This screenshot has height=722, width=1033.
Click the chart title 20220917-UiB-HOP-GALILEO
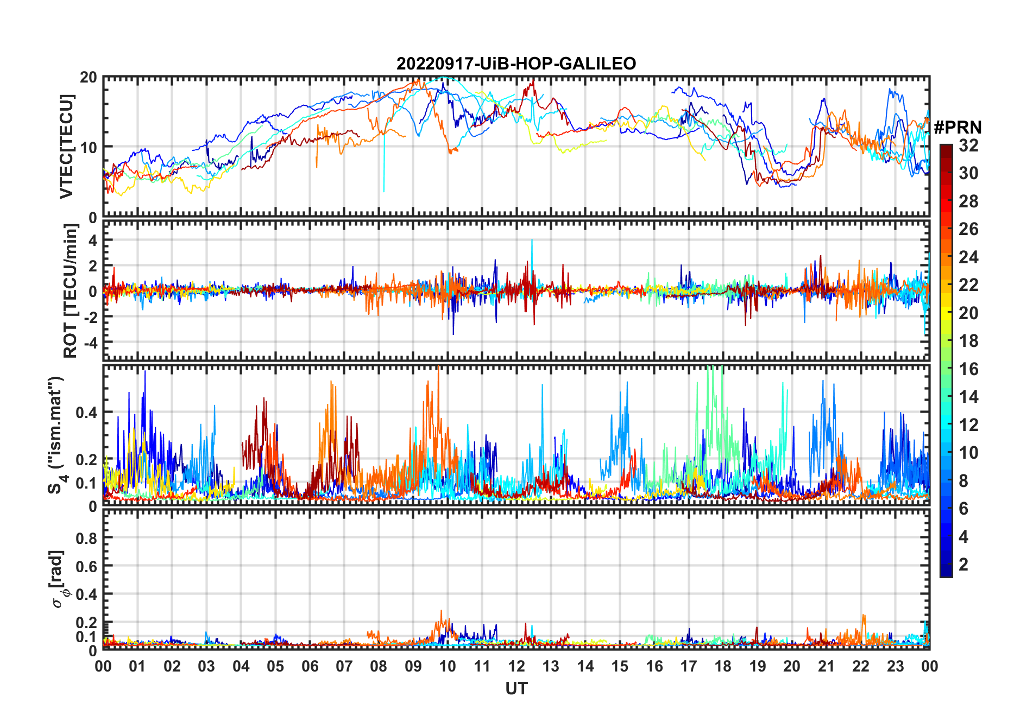pos(516,64)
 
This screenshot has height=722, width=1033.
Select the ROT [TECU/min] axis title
pos(70,291)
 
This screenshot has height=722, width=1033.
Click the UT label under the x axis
pos(516,689)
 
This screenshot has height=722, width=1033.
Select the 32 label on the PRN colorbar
pos(968,145)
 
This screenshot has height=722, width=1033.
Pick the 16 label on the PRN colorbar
pos(968,369)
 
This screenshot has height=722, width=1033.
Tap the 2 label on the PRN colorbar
pos(963,565)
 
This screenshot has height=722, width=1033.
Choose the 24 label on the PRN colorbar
pos(968,257)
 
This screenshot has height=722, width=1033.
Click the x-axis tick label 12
pos(516,667)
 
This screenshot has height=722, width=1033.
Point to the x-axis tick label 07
pos(344,667)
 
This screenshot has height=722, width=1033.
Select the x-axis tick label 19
pos(758,667)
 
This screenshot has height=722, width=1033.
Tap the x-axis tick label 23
pos(895,667)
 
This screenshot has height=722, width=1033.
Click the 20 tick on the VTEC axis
pos(89,78)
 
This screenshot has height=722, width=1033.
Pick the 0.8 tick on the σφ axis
pos(87,538)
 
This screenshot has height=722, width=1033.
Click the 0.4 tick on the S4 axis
pos(87,413)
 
